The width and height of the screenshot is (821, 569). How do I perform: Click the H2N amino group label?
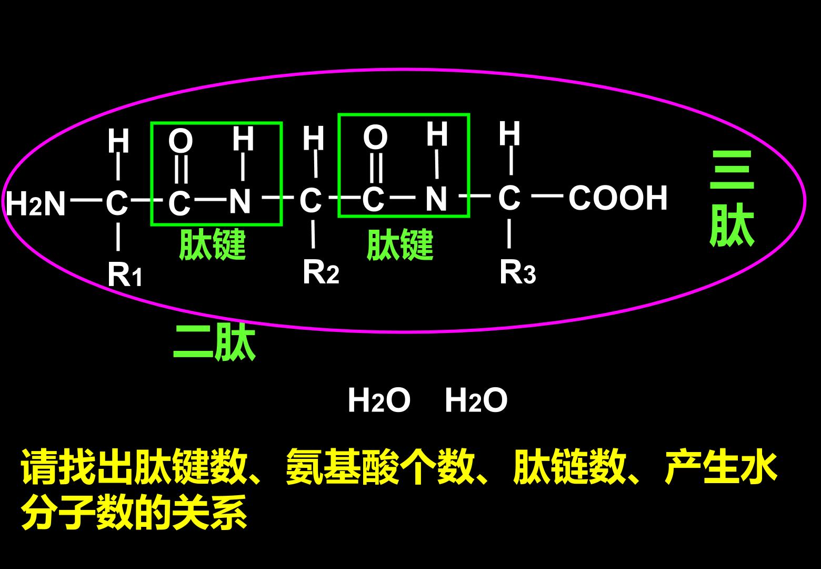[36, 203]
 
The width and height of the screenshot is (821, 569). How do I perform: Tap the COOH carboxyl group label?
[618, 198]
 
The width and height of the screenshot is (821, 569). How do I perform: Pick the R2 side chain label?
[321, 272]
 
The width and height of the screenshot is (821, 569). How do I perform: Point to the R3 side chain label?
[517, 272]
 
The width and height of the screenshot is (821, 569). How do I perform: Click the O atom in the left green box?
[181, 141]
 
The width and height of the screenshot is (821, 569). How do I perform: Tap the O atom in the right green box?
[375, 137]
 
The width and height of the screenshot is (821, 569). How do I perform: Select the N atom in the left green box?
[239, 201]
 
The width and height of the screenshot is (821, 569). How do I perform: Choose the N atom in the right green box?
[436, 199]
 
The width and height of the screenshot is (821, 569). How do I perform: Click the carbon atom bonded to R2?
[311, 200]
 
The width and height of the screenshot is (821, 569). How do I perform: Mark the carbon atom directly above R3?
[509, 198]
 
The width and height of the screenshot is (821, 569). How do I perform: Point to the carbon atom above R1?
[117, 202]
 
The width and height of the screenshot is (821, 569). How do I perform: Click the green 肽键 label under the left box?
[212, 244]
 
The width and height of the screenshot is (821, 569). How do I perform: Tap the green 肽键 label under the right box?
[400, 244]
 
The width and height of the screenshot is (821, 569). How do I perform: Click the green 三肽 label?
[732, 199]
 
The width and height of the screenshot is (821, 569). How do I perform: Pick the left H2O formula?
[379, 400]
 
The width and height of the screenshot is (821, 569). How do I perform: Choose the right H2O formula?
[476, 400]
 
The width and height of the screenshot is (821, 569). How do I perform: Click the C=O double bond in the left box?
[182, 169]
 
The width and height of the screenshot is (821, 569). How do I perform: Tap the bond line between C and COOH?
[547, 197]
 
